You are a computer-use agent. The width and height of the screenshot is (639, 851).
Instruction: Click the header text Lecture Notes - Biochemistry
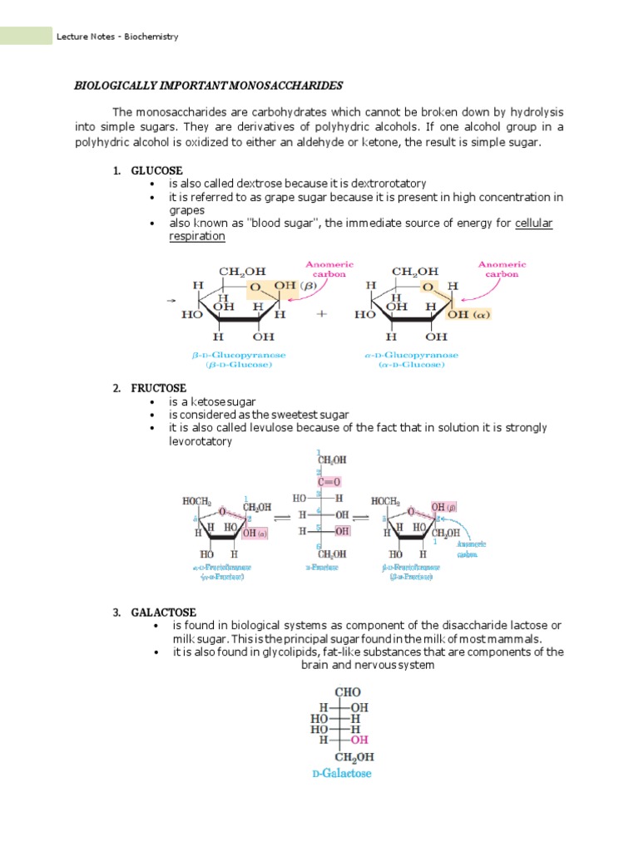pyautogui.click(x=117, y=37)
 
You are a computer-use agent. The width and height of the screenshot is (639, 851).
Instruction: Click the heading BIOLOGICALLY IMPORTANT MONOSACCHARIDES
pyautogui.click(x=209, y=86)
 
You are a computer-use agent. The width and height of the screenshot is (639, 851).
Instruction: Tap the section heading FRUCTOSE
pyautogui.click(x=158, y=388)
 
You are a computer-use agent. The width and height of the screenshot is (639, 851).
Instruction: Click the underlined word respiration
pyautogui.click(x=197, y=236)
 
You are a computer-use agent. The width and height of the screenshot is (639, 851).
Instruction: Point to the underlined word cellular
pyautogui.click(x=534, y=224)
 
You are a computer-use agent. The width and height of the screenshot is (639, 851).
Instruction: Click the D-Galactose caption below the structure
pyautogui.click(x=342, y=774)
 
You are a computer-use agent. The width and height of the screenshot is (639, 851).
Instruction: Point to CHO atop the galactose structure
pyautogui.click(x=348, y=691)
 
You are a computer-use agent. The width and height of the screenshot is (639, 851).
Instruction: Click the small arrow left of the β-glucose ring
pyautogui.click(x=171, y=301)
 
